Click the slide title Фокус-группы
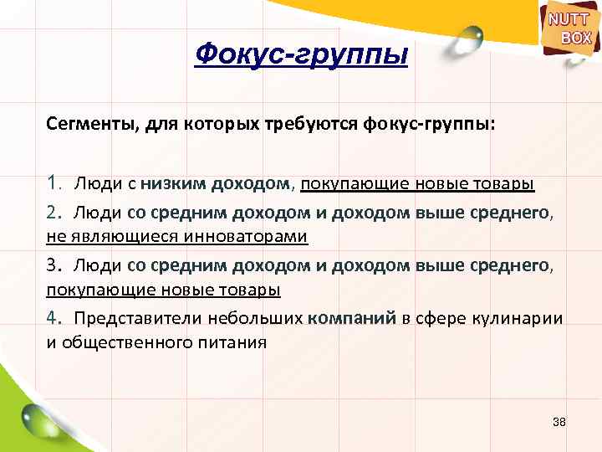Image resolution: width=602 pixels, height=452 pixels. click(301, 56)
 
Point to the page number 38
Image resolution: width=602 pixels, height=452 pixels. click(559, 422)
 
